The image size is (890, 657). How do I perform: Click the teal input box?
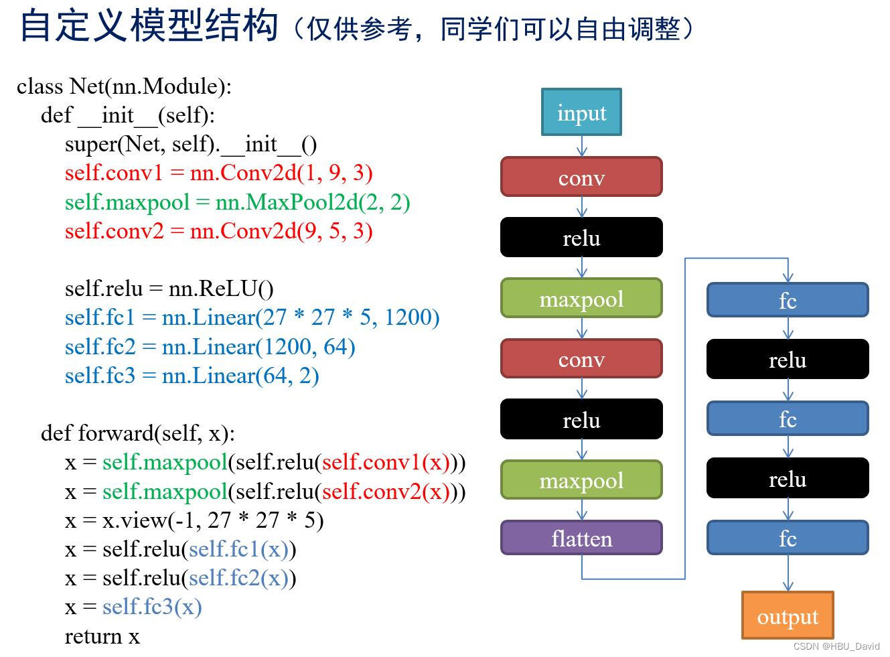(x=581, y=113)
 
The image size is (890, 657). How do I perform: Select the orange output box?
(x=788, y=615)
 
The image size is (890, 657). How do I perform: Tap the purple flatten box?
(x=581, y=538)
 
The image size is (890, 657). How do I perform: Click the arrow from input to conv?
(x=581, y=146)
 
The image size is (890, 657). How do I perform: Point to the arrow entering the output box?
(x=788, y=573)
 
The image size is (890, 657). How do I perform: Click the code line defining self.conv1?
(x=218, y=173)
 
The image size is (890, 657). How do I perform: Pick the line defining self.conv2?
(x=218, y=231)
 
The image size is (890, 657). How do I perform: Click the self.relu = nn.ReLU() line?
(x=169, y=289)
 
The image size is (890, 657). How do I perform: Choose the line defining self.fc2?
(x=210, y=347)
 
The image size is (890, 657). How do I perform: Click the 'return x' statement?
(x=102, y=636)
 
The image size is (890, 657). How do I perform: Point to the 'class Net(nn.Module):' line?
(x=124, y=86)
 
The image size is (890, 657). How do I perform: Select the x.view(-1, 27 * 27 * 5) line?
(x=194, y=520)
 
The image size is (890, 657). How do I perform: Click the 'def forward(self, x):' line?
(x=137, y=433)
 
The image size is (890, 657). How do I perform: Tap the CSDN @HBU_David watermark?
(x=836, y=646)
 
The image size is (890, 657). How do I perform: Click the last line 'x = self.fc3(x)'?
(x=133, y=607)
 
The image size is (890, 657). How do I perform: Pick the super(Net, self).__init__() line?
(x=191, y=144)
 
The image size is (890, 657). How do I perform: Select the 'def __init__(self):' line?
(x=127, y=115)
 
